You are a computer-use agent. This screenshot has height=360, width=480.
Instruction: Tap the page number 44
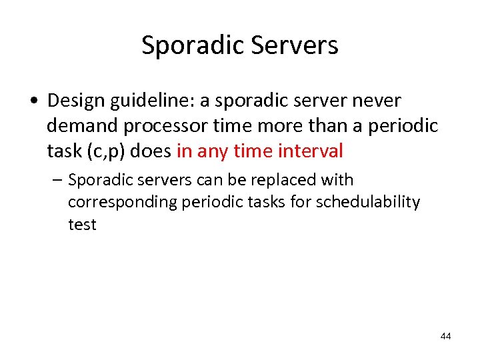point(445,336)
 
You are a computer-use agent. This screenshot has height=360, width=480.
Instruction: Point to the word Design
point(77,101)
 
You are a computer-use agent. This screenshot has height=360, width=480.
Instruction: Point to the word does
point(151,151)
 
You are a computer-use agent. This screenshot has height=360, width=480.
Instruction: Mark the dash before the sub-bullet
point(59,180)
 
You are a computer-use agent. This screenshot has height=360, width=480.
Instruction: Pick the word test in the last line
point(82,225)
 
